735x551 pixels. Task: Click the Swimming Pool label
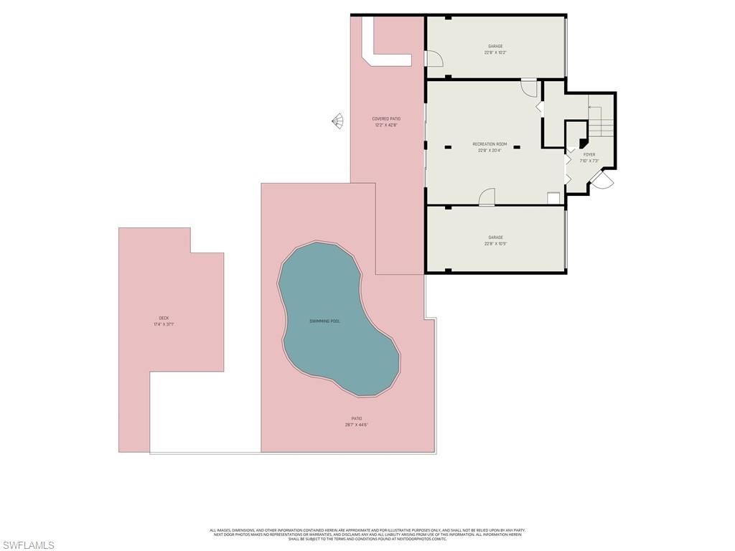point(324,321)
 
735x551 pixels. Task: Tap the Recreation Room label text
point(490,144)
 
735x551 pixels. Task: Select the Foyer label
point(589,154)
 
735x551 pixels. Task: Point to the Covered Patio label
point(386,118)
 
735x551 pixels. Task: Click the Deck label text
point(164,318)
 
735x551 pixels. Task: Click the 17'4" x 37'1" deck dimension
point(164,324)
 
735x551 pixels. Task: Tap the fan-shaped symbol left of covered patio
point(337,121)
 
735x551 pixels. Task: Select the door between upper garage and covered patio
point(434,60)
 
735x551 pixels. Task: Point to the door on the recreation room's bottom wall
point(487,197)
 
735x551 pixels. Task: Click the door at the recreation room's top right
point(529,88)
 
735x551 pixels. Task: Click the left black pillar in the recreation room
point(448,147)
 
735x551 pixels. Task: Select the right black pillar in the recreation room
point(516,147)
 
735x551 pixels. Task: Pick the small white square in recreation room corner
point(553,199)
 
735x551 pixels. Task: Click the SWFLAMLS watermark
point(28,545)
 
